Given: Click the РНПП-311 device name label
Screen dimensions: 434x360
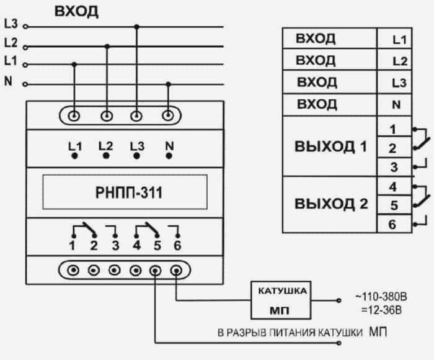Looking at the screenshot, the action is click(x=129, y=192).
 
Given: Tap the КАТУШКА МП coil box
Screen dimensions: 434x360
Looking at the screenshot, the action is click(x=281, y=300).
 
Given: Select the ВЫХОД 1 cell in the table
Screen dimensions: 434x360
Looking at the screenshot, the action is click(x=330, y=146).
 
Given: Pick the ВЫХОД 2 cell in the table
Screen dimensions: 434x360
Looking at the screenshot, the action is click(x=330, y=205).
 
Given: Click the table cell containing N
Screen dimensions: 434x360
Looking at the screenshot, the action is click(x=394, y=105).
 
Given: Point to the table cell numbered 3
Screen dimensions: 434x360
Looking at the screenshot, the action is click(x=394, y=167).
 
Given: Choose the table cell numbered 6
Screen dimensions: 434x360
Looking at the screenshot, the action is click(x=394, y=224).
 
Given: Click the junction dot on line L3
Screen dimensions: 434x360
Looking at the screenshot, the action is click(x=136, y=27).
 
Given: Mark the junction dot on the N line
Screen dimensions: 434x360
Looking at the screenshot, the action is click(x=168, y=84).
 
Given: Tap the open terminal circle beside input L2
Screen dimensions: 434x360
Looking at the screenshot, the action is click(x=25, y=47).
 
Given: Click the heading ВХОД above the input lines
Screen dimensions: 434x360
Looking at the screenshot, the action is click(x=76, y=11).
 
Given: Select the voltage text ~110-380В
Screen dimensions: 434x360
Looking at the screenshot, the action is click(x=381, y=297).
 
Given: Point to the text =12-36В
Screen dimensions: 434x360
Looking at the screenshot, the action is click(x=381, y=310).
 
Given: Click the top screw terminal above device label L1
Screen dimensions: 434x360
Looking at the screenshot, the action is click(x=74, y=116).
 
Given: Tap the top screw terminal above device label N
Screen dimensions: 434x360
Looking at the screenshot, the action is click(x=168, y=115).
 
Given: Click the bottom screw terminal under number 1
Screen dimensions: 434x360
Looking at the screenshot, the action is click(x=73, y=270).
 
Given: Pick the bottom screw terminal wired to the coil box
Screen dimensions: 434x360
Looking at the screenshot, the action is click(x=176, y=270).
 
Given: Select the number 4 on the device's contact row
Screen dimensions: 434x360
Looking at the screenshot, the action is click(x=136, y=245).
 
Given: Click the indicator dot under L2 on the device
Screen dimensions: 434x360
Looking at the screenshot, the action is click(x=106, y=156).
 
